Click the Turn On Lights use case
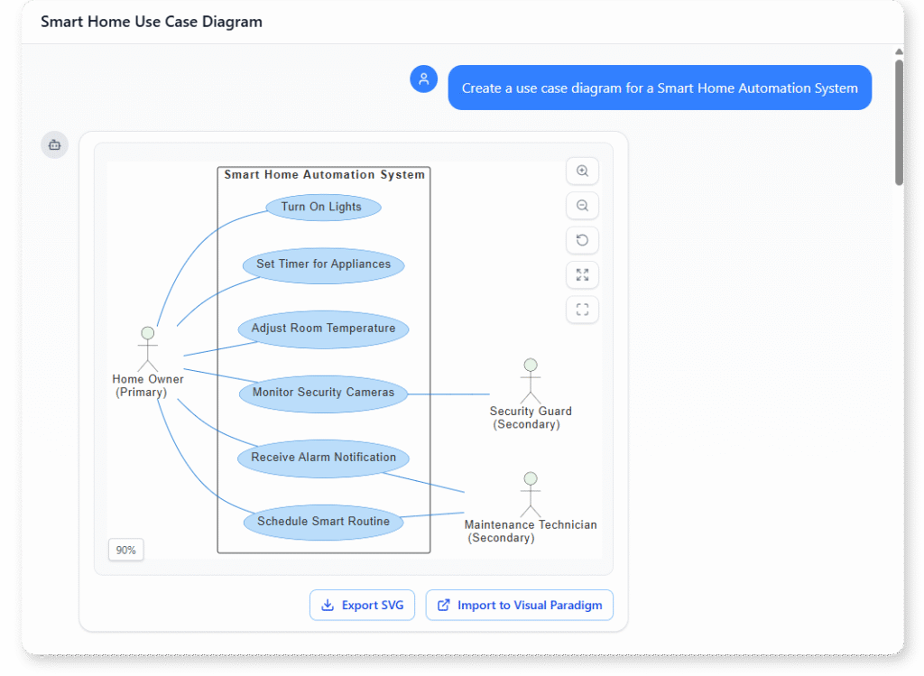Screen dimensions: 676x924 pos(323,207)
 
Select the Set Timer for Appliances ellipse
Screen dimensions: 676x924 pos(323,264)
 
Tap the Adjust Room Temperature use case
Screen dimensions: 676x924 pos(323,329)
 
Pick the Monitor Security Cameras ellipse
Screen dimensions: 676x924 pos(323,393)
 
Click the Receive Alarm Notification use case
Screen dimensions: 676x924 pos(323,458)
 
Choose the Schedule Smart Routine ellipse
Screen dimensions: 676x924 pos(323,522)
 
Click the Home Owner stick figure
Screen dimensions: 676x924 pos(147,348)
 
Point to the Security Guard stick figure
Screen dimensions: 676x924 pos(531,381)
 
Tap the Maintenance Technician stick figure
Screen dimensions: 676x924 pos(531,494)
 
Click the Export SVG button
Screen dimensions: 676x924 pos(362,605)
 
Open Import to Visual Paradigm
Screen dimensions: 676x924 pos(520,605)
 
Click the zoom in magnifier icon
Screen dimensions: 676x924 pos(582,171)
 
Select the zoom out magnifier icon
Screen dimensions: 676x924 pos(582,206)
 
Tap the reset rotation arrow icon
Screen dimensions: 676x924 pos(582,240)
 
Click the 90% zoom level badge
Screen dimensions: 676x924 pos(125,550)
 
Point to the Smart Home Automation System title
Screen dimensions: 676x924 pos(324,175)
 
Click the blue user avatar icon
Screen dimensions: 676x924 pos(423,79)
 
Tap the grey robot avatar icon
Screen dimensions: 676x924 pos(54,144)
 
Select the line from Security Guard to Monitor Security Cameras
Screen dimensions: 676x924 pos(448,394)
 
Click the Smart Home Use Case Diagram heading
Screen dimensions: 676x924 pos(152,22)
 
